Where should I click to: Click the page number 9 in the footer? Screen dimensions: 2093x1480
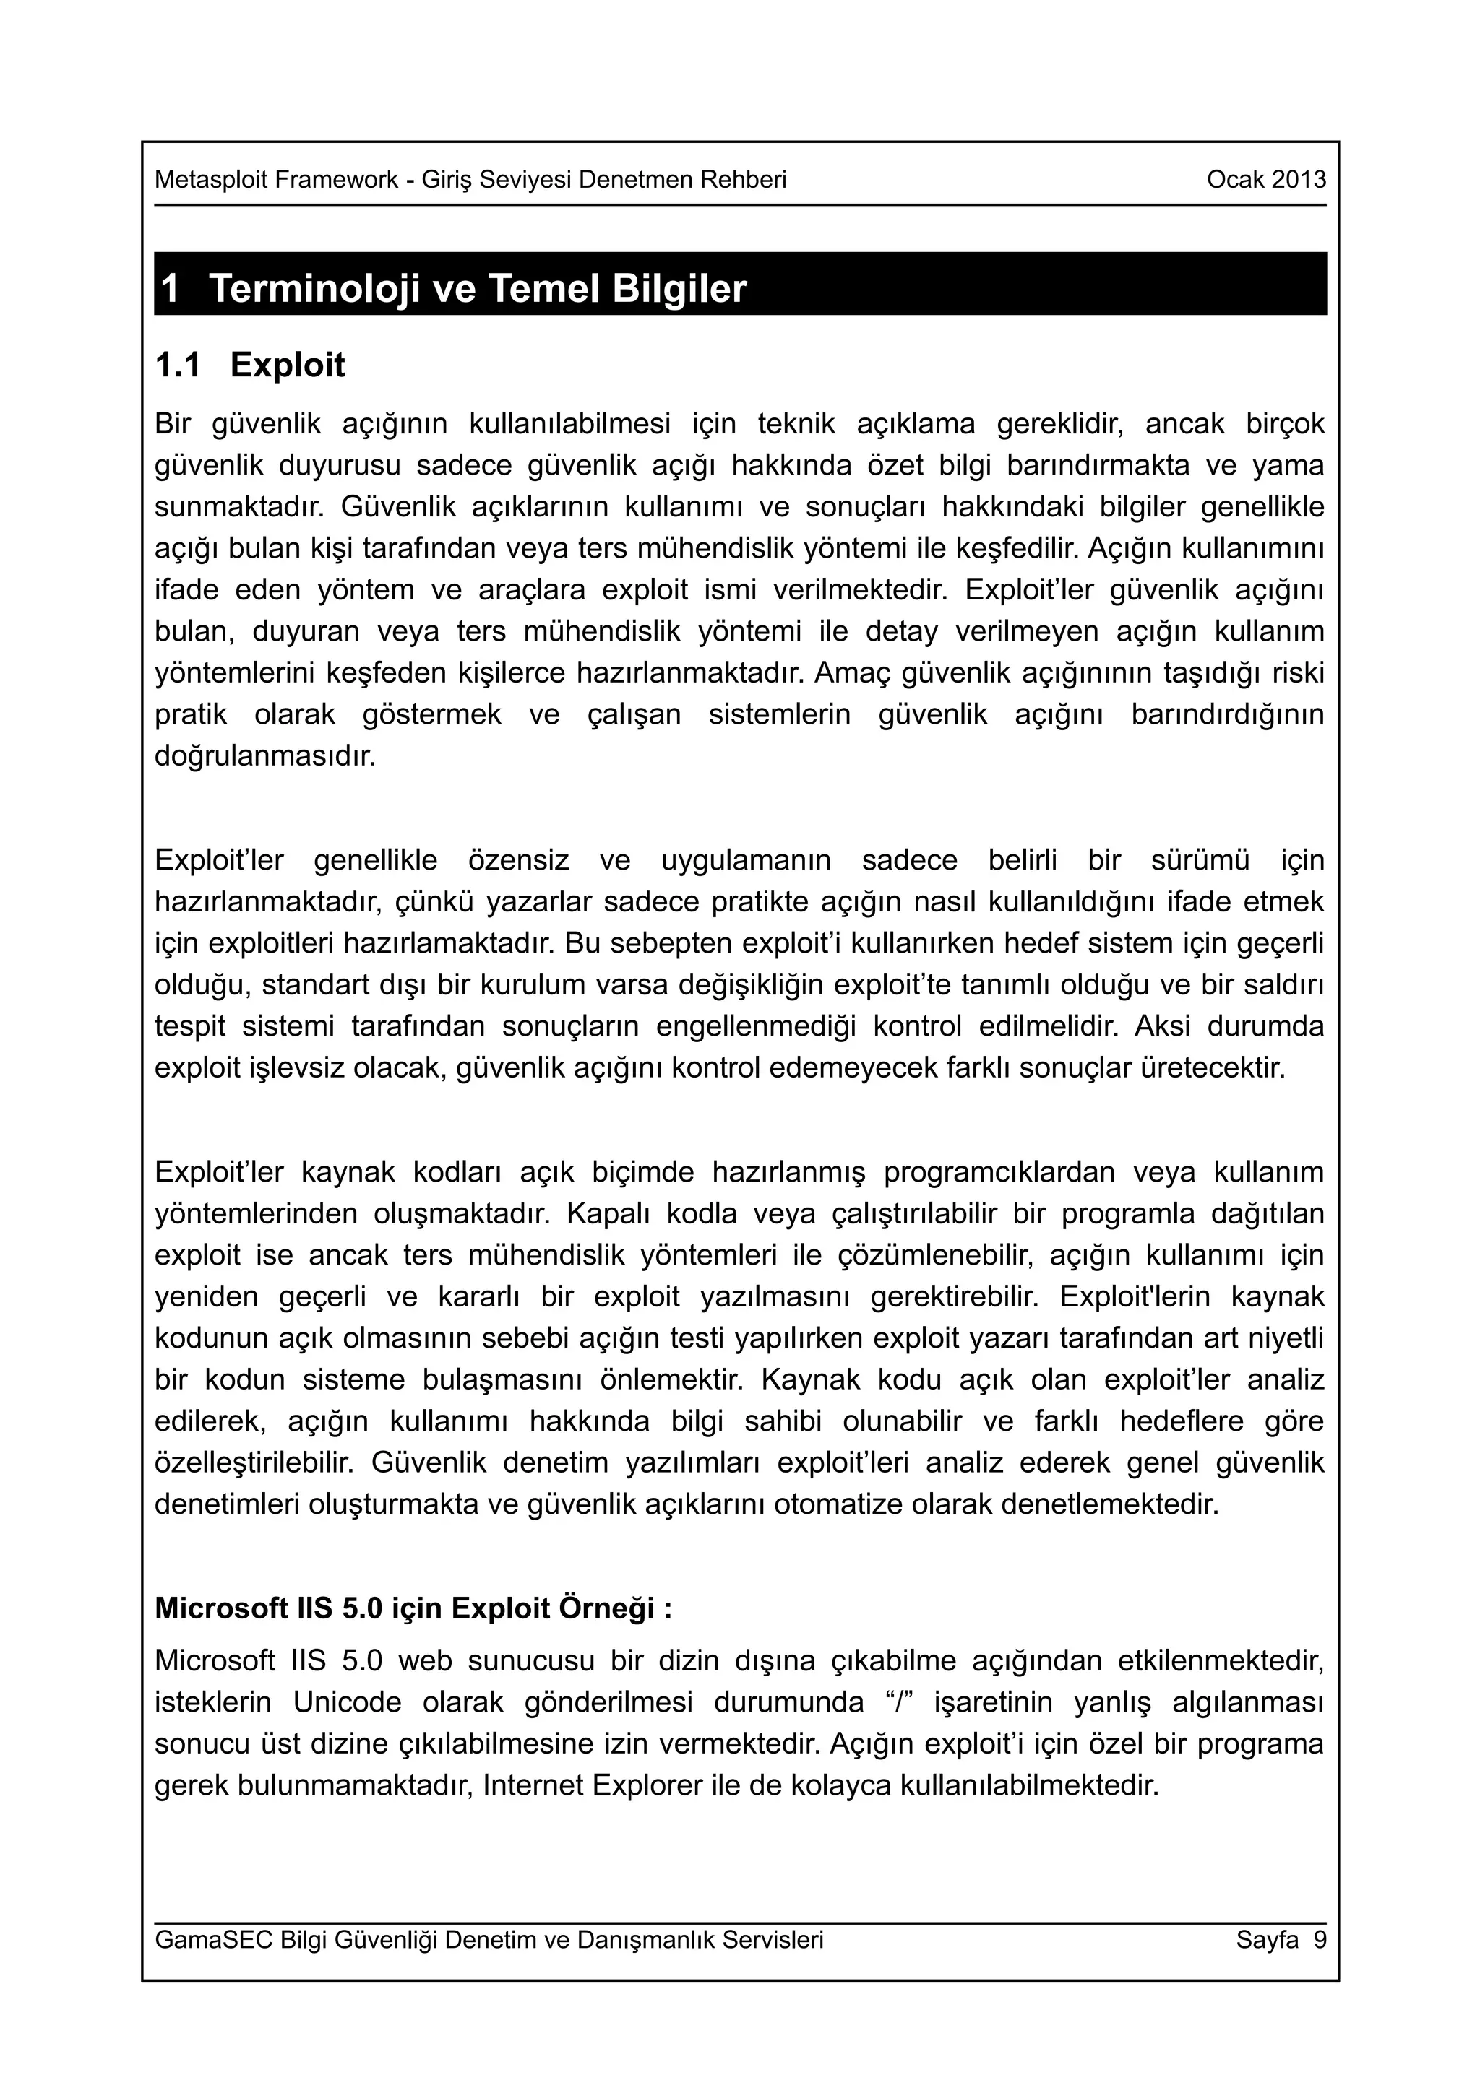pos(1319,1940)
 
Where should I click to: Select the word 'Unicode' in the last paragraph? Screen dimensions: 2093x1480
pos(348,1702)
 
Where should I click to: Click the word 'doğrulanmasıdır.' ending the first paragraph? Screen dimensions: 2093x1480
pos(264,757)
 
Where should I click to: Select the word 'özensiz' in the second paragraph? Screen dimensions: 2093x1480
pos(518,859)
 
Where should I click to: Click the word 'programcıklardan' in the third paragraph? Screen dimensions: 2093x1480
pos(999,1171)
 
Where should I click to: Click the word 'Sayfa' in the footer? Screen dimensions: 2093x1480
pos(1267,1940)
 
